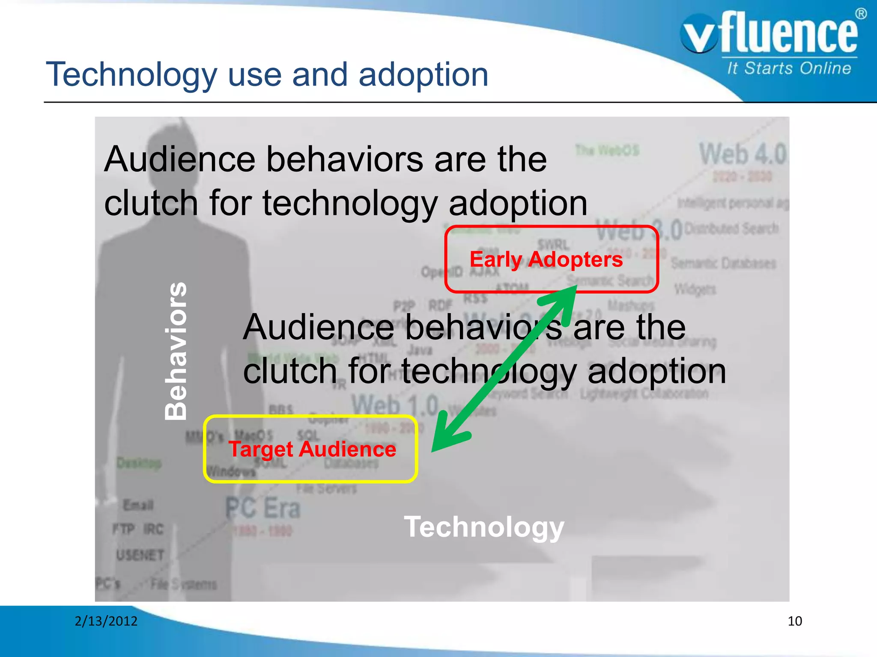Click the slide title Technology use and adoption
[267, 74]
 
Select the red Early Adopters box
[551, 259]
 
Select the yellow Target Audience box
[310, 449]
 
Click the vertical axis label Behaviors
[176, 351]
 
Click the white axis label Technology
[484, 527]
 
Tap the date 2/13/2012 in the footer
[106, 621]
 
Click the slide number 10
[795, 621]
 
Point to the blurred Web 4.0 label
[742, 154]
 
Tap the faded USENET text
[140, 555]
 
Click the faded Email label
[138, 505]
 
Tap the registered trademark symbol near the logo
[861, 14]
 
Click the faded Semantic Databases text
[723, 263]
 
